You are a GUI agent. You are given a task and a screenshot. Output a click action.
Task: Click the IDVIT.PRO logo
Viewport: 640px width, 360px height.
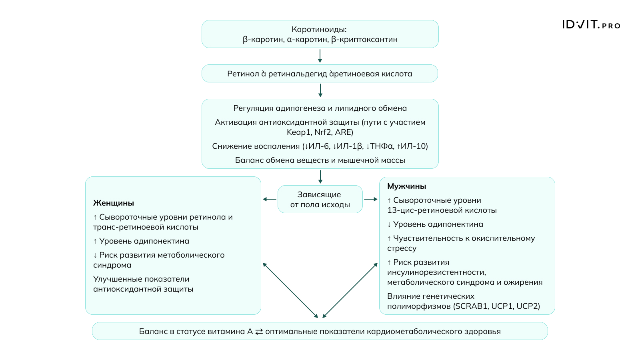pyautogui.click(x=591, y=25)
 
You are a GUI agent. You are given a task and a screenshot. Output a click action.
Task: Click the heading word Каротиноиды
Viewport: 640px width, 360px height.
pyautogui.click(x=319, y=29)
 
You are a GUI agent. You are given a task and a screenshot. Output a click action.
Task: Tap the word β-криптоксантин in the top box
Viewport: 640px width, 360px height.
pyautogui.click(x=364, y=40)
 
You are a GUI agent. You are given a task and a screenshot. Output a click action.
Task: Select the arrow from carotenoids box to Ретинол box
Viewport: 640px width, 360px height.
pyautogui.click(x=320, y=56)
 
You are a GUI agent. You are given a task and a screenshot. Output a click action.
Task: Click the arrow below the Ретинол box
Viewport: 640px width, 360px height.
pyautogui.click(x=320, y=90)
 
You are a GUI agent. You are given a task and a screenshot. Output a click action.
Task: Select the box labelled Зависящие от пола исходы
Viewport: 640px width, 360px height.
pyautogui.click(x=320, y=199)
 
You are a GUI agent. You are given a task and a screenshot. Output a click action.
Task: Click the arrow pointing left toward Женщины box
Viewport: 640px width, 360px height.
pyautogui.click(x=269, y=199)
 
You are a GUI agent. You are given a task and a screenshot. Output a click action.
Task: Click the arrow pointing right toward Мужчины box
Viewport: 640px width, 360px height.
pyautogui.click(x=371, y=199)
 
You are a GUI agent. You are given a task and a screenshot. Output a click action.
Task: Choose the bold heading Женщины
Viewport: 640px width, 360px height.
pyautogui.click(x=114, y=203)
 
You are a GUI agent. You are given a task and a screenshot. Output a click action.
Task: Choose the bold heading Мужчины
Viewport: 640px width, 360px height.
pyautogui.click(x=406, y=186)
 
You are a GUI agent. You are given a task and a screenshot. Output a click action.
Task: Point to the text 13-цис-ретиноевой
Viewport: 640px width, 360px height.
pyautogui.click(x=422, y=210)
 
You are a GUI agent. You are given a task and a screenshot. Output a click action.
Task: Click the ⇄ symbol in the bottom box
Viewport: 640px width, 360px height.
pyautogui.click(x=259, y=332)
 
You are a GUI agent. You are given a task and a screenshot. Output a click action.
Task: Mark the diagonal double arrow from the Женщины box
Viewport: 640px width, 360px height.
pyautogui.click(x=290, y=290)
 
